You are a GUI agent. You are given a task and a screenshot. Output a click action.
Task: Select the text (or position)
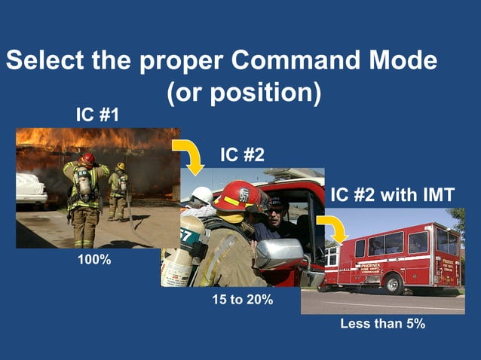(244, 93)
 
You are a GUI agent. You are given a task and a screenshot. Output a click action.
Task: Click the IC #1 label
(97, 115)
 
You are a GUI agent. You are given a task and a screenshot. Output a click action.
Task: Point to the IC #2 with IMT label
(392, 196)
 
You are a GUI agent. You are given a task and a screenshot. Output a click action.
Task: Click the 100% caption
(94, 260)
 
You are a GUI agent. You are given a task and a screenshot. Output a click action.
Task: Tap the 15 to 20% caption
(241, 299)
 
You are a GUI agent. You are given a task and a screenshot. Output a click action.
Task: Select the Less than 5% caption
(383, 324)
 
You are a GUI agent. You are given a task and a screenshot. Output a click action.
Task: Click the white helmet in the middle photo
(201, 195)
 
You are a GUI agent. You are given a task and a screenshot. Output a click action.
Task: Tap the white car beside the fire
(31, 189)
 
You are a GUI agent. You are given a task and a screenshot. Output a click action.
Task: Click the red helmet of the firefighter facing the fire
(88, 159)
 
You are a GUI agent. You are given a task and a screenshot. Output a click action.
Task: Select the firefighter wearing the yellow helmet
(118, 191)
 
